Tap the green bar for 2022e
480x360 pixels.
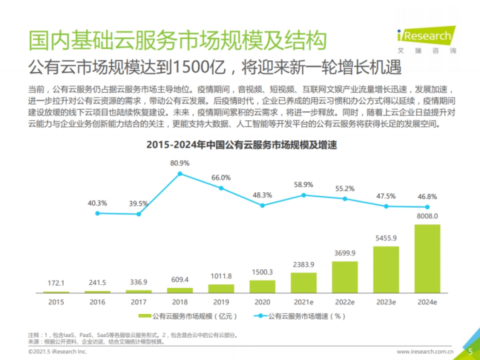345,277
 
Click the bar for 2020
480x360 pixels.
262,286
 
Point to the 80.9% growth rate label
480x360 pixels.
180,163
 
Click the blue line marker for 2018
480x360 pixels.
180,174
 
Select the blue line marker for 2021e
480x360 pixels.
304,195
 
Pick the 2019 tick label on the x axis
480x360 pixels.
221,302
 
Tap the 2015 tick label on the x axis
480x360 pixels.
56,302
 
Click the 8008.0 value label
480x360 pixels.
427,216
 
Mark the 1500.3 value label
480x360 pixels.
262,272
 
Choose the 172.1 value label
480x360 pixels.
56,283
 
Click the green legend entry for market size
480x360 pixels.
188,316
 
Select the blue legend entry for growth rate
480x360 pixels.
300,316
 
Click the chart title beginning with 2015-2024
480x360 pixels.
242,145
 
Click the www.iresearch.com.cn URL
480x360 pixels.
425,352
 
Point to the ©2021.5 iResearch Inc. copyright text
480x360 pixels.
57,352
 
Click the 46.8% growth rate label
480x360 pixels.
427,197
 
